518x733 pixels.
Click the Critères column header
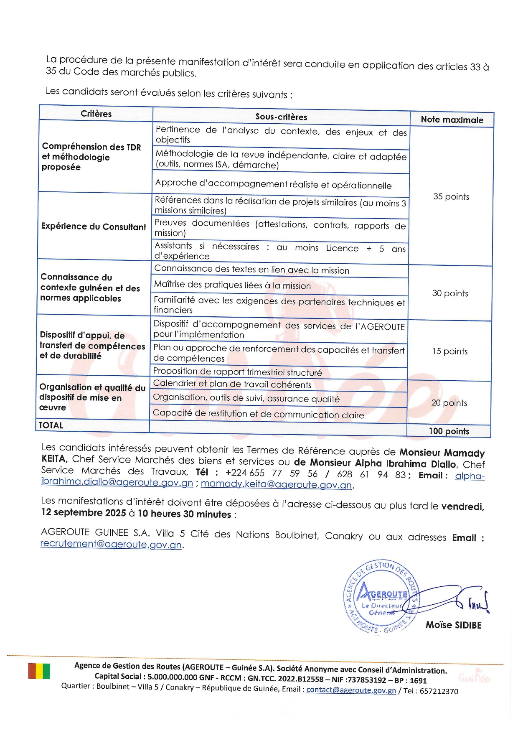click(x=96, y=114)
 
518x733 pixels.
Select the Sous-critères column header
click(x=281, y=117)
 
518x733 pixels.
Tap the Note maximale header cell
click(x=452, y=120)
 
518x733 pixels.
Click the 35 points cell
click(x=451, y=196)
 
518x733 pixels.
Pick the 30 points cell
click(x=450, y=293)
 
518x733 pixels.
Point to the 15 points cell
click(x=449, y=351)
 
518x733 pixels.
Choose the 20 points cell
click(x=449, y=403)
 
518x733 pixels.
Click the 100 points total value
click(x=449, y=431)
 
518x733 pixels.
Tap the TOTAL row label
click(x=51, y=425)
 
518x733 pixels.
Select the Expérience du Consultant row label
click(x=94, y=227)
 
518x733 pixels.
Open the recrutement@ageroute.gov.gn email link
click(x=111, y=544)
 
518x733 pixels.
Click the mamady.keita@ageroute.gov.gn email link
click(x=276, y=485)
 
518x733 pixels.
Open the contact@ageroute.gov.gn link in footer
click(x=351, y=690)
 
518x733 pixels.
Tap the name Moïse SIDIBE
click(x=454, y=625)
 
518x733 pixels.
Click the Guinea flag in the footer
click(x=39, y=671)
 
